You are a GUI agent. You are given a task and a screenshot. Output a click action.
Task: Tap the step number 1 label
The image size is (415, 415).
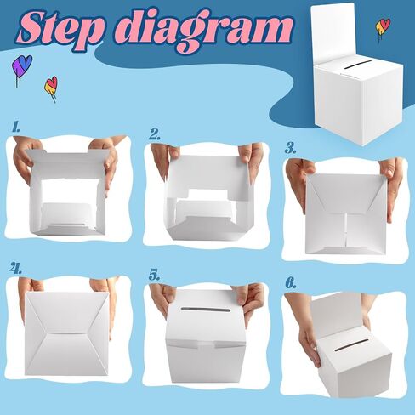[16, 127]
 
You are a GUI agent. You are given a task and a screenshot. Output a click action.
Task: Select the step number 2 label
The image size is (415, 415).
[155, 134]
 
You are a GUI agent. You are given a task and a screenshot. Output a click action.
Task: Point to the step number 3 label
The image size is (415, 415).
[290, 148]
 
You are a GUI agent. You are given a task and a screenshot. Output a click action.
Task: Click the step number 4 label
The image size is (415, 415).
[16, 268]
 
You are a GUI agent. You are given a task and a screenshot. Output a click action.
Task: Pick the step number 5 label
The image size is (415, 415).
[155, 275]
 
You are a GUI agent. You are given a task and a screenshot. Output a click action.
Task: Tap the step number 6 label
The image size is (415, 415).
[291, 283]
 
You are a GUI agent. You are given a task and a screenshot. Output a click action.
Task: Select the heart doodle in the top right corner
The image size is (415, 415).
[383, 28]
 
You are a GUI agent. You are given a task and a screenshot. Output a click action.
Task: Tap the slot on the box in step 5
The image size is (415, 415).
[205, 310]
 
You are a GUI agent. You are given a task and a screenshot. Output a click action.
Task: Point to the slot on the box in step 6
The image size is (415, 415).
[351, 344]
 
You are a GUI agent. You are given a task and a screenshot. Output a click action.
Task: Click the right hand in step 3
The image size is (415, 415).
[394, 185]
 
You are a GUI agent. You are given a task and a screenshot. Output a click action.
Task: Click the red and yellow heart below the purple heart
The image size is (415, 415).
[51, 88]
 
